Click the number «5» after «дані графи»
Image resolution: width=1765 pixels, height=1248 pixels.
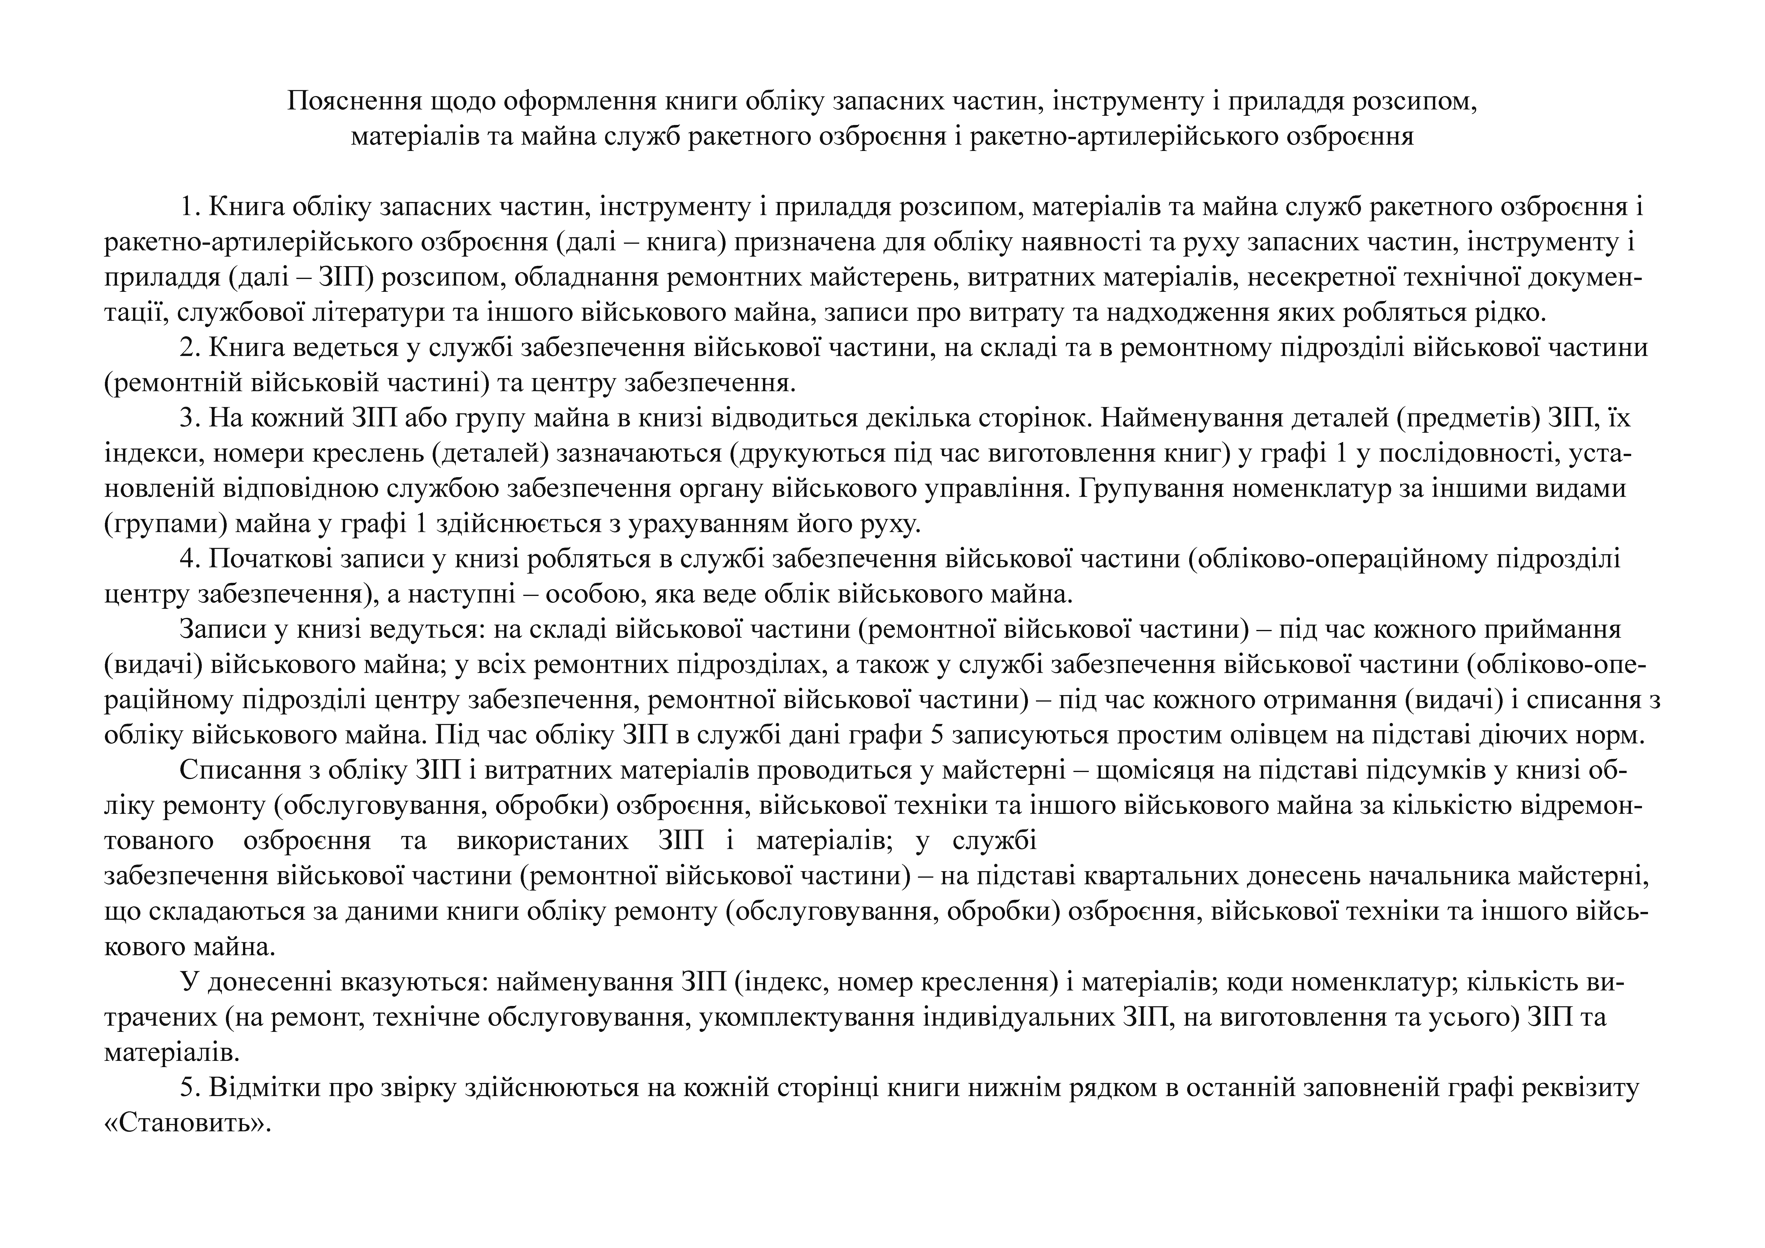[936, 735]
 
